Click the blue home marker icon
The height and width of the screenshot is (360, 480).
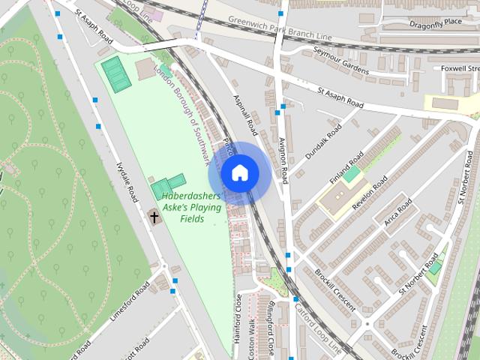[240, 173]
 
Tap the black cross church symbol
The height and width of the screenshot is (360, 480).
[154, 217]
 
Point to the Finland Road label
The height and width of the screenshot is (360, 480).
[347, 168]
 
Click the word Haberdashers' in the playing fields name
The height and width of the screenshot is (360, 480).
[190, 196]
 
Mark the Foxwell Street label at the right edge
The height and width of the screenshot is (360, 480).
[460, 68]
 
